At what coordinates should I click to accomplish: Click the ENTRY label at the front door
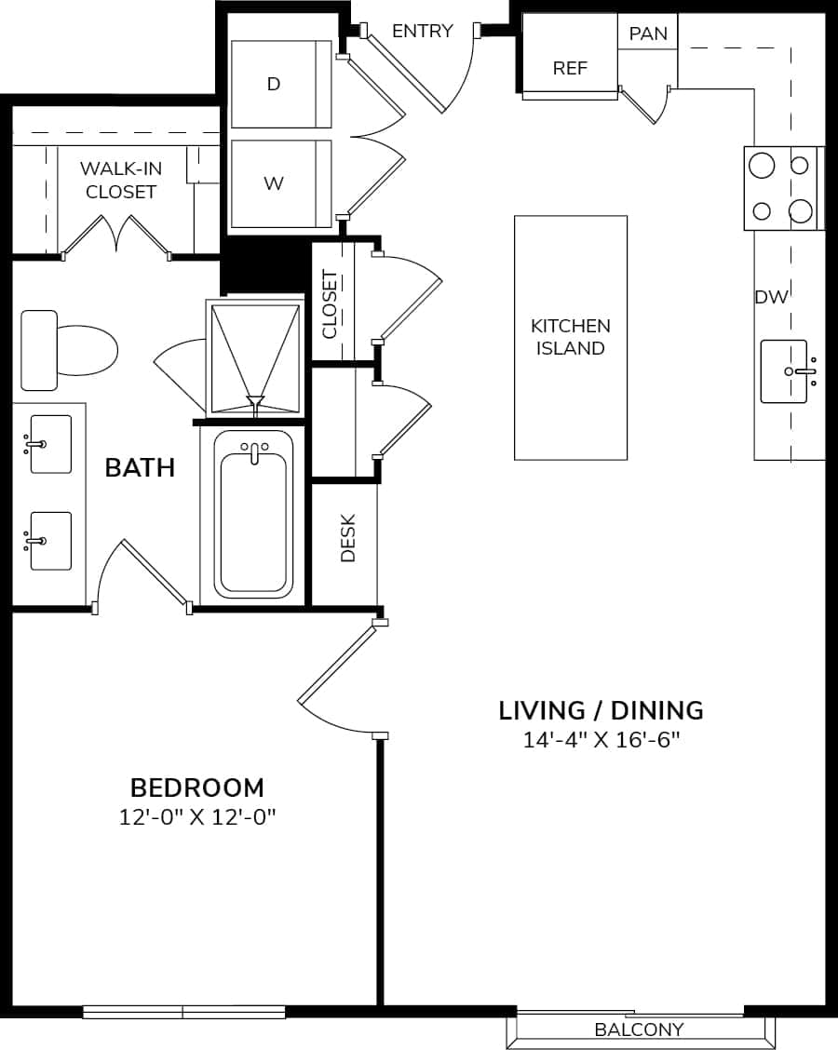tap(422, 31)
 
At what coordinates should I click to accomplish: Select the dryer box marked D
tap(280, 84)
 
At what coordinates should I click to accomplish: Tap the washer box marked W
tap(280, 183)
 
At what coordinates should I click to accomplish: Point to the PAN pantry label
tap(648, 34)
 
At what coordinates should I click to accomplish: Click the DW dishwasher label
tap(771, 297)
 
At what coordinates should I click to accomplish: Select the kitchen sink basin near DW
tap(783, 371)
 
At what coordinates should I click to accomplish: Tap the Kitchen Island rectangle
tap(571, 337)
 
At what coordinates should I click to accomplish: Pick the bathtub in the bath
tap(253, 515)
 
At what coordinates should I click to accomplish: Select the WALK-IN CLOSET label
tap(118, 181)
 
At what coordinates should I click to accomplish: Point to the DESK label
tap(348, 538)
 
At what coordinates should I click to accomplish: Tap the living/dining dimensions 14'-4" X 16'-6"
tap(601, 740)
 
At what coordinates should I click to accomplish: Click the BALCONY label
tap(639, 1029)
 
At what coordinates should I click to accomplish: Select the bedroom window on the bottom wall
tap(183, 1012)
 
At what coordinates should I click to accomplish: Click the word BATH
tap(140, 467)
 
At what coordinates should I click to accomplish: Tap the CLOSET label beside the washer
tap(330, 304)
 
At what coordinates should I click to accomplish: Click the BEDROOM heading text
tap(196, 787)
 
